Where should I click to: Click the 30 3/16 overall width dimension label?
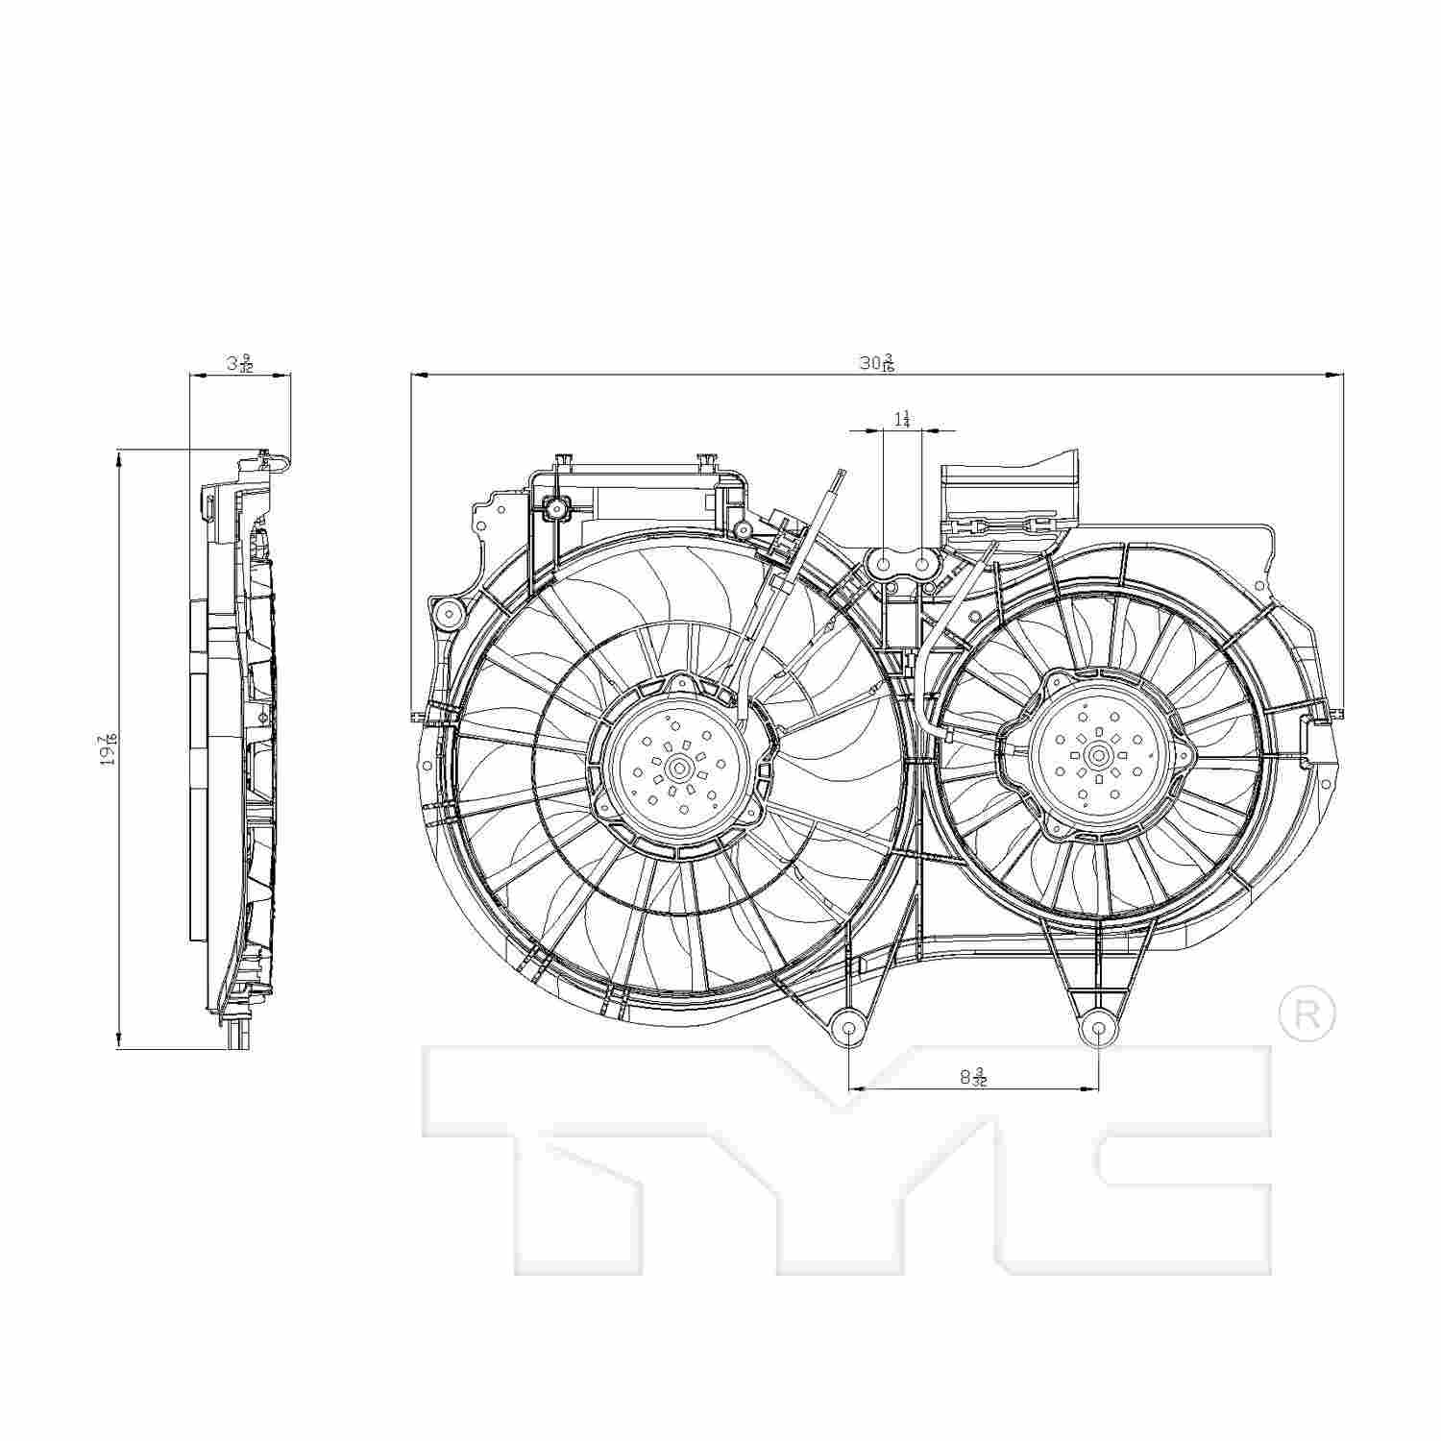point(876,363)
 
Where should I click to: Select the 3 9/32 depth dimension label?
point(240,364)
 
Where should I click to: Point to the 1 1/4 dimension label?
point(902,419)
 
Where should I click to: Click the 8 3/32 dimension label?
point(973,1077)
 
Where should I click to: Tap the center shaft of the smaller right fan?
point(1098,755)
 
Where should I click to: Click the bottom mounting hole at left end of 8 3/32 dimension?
point(849,1027)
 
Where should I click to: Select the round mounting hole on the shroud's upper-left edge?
point(447,612)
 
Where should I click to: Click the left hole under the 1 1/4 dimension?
point(883,565)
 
